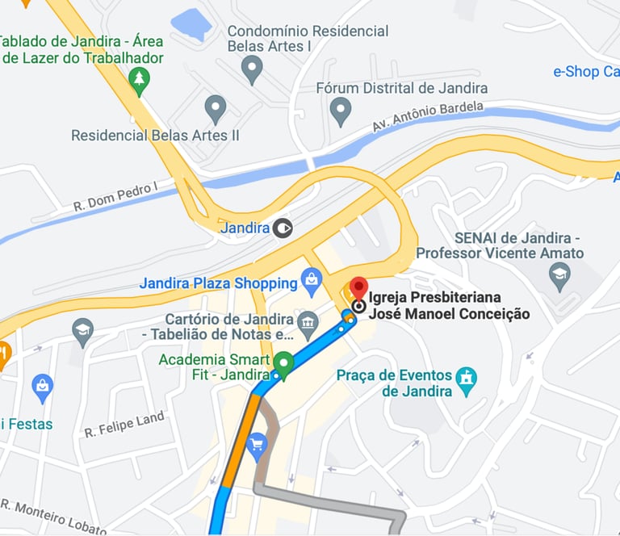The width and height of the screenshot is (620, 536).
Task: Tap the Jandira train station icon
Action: (282, 228)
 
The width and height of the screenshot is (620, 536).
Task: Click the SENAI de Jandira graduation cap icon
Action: (559, 276)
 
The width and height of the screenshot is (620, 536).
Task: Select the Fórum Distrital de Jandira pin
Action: (341, 110)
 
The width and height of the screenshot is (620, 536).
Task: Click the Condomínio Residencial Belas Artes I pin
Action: (253, 69)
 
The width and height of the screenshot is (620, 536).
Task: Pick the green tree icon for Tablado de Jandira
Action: (140, 80)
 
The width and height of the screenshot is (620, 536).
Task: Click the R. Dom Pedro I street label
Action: (115, 196)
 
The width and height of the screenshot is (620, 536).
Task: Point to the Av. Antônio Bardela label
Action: (428, 117)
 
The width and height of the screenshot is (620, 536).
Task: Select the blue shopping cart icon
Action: (257, 443)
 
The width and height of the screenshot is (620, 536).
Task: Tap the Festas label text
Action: (28, 424)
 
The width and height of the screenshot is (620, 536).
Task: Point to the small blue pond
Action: (191, 24)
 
